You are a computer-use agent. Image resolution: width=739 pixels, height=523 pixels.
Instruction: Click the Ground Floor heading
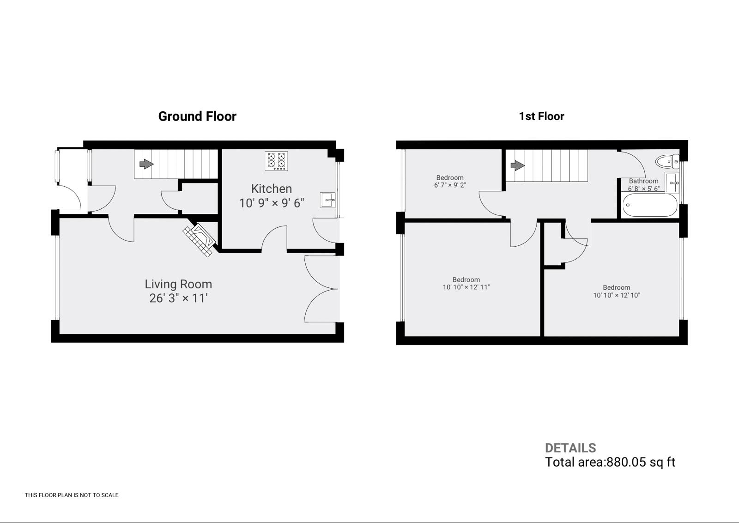point(197,116)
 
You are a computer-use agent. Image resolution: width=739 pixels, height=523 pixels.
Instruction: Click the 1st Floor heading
point(541,116)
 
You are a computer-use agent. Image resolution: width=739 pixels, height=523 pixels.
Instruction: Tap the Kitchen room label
point(272,189)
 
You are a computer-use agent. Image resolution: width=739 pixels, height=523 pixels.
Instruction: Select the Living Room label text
point(178,284)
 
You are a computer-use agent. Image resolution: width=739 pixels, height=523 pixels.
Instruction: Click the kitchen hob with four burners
point(277,161)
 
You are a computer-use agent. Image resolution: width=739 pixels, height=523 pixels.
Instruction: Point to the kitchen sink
point(327,200)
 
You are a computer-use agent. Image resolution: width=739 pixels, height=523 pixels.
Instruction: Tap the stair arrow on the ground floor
point(146,164)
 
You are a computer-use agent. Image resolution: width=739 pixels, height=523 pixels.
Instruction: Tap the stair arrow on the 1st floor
point(517,165)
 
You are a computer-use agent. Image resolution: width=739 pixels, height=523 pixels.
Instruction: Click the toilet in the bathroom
point(667,162)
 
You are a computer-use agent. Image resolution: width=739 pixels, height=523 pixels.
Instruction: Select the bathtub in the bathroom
point(650,205)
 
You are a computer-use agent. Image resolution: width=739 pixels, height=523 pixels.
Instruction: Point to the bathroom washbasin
point(672,182)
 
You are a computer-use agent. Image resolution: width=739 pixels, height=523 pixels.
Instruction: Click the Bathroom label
point(643,181)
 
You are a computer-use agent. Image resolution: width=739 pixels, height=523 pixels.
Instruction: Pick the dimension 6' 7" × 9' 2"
point(450,185)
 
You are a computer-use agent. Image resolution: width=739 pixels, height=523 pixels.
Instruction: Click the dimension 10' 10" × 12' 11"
point(466,287)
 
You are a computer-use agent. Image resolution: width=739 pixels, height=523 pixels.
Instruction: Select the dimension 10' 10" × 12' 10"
point(616,295)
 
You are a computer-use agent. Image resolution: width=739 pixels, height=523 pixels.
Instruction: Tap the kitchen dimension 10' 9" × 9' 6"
point(272,203)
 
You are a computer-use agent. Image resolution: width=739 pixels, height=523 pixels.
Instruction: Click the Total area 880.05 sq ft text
point(610,462)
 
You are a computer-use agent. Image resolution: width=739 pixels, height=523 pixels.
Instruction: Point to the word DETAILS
point(570,448)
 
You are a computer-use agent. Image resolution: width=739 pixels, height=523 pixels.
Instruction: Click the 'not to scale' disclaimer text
point(72,495)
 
